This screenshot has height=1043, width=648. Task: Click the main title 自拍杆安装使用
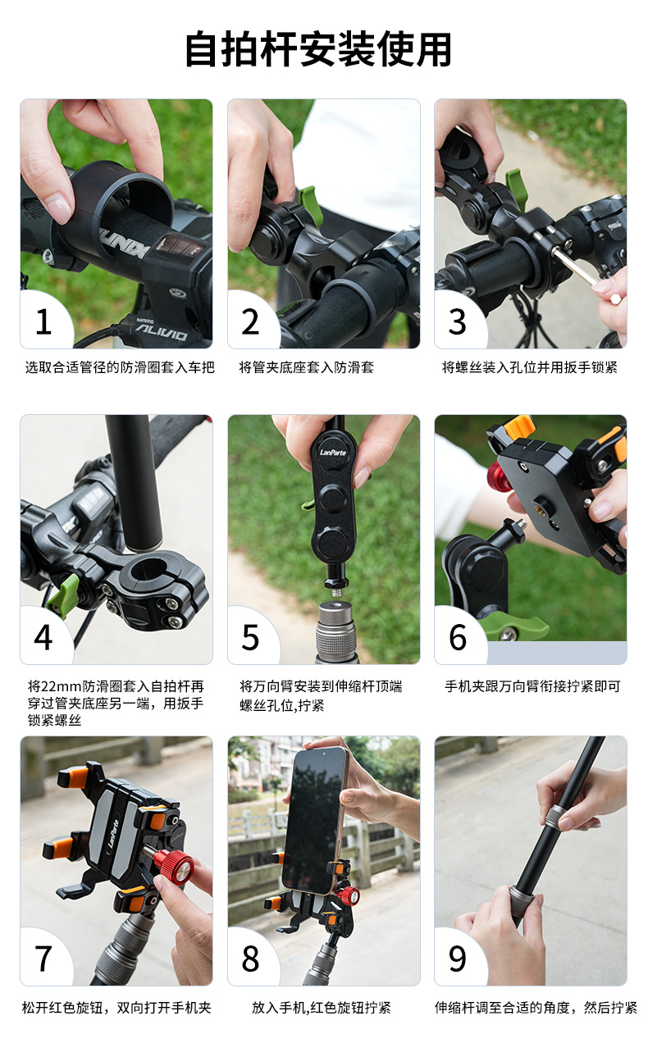tap(318, 49)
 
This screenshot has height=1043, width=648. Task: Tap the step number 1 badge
tap(43, 321)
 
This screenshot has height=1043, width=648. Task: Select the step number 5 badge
tap(250, 637)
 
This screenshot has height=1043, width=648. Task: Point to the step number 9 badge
tap(457, 959)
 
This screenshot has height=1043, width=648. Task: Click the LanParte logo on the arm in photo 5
tap(333, 452)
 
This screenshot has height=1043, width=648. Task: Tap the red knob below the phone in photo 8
tap(349, 895)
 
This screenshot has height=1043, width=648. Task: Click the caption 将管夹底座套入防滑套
tap(307, 367)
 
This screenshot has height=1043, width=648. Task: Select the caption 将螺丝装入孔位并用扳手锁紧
tap(530, 367)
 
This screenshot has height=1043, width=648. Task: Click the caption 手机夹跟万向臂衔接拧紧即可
tap(532, 686)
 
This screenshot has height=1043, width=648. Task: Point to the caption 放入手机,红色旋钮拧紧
tap(322, 1008)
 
